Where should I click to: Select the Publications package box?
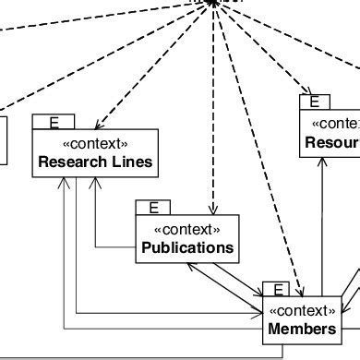(187, 237)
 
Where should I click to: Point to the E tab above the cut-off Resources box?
(315, 102)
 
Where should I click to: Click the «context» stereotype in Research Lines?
(95, 144)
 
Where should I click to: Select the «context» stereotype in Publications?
(187, 229)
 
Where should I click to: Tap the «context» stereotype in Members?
(302, 310)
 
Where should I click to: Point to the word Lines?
(132, 163)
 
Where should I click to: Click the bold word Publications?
(187, 247)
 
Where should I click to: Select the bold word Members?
(302, 329)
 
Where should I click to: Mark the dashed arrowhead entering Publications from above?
(213, 210)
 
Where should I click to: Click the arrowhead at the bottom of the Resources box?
(322, 160)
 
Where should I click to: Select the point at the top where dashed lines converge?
(213, 3)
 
